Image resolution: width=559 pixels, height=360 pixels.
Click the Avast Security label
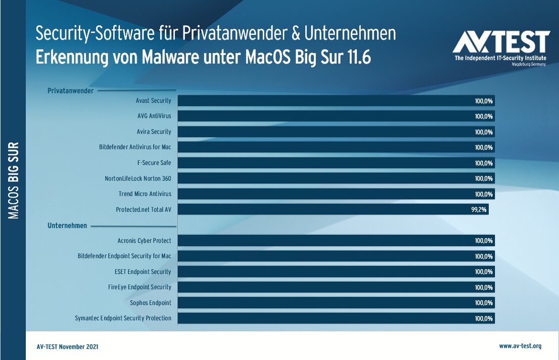pyautogui.click(x=154, y=101)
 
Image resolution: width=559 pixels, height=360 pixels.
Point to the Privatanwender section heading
pyautogui.click(x=70, y=91)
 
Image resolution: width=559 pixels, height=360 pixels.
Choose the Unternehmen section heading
pyautogui.click(x=67, y=226)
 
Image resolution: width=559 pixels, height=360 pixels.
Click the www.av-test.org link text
pyautogui.click(x=520, y=346)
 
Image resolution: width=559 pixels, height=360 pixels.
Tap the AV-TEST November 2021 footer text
pyautogui.click(x=68, y=347)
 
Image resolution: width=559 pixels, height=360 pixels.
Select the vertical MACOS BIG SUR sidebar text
pyautogui.click(x=14, y=181)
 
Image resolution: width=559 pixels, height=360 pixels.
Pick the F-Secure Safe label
pyautogui.click(x=154, y=163)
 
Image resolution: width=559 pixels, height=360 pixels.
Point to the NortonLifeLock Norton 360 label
pyautogui.click(x=138, y=178)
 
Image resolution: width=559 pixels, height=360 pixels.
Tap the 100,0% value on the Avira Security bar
pyautogui.click(x=484, y=132)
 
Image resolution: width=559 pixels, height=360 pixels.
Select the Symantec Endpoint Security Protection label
pyautogui.click(x=123, y=318)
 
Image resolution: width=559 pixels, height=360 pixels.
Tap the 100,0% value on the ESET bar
pyautogui.click(x=484, y=272)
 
